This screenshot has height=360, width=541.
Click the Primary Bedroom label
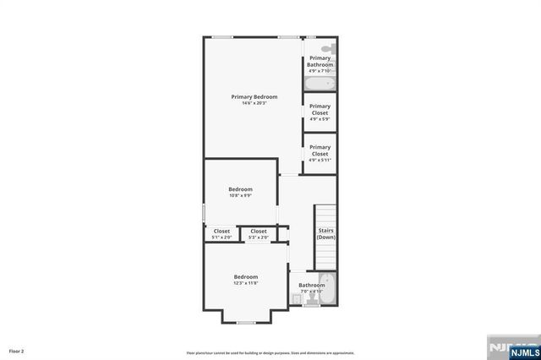coord(254,96)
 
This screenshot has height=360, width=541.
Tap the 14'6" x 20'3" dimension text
coord(254,103)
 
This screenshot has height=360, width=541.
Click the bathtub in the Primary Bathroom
coord(320,84)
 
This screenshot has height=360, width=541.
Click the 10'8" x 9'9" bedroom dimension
coord(240,195)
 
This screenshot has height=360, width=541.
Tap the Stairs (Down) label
coord(325,233)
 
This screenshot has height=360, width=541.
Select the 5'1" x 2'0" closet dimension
coord(221,237)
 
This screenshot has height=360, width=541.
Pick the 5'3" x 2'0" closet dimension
coord(259,237)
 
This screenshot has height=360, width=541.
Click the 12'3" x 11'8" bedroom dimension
coord(246,283)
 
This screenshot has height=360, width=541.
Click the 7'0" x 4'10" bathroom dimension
coord(310,292)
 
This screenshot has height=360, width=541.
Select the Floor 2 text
coord(16,350)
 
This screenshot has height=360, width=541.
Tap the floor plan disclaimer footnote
coord(270,352)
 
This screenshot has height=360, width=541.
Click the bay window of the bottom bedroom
coord(246,322)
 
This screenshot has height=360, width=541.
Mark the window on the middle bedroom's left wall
coord(204,212)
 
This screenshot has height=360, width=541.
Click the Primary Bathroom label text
coord(320,61)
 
